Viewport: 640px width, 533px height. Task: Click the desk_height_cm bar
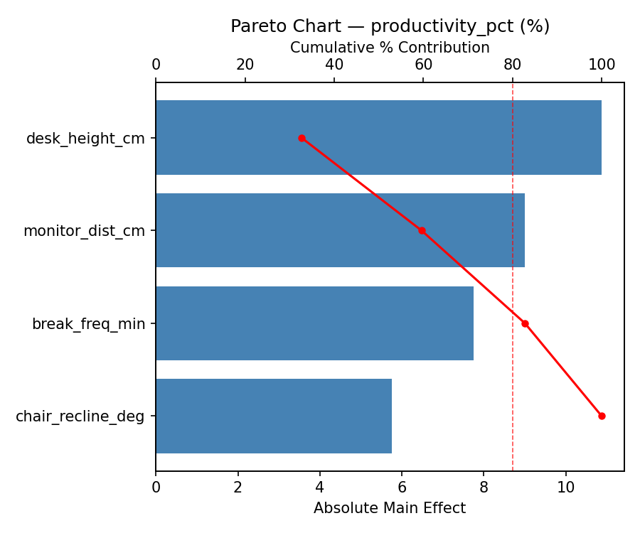(378, 138)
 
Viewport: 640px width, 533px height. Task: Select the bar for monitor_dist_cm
(340, 230)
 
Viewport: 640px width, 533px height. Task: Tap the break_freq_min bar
(314, 323)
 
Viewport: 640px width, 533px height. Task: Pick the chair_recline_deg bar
(274, 416)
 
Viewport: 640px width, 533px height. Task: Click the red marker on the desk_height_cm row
(302, 138)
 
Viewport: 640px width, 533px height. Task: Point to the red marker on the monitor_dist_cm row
(422, 230)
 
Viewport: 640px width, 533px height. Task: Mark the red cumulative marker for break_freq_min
(525, 323)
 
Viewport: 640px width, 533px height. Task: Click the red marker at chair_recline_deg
(602, 416)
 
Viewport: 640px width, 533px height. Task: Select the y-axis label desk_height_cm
(85, 139)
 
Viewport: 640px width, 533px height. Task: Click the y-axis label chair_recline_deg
(80, 416)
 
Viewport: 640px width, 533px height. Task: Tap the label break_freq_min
(88, 324)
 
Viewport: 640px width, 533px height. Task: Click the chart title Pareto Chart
(390, 26)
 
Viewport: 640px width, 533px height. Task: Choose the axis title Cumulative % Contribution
(390, 48)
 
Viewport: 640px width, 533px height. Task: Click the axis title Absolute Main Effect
(390, 508)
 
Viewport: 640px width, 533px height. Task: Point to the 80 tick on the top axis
(513, 65)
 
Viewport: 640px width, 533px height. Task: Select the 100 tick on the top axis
(602, 65)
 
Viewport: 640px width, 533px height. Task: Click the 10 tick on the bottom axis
(566, 488)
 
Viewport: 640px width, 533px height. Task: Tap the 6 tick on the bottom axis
(402, 488)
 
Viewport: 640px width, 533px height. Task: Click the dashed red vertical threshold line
(513, 284)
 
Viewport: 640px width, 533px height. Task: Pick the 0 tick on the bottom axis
(156, 488)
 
